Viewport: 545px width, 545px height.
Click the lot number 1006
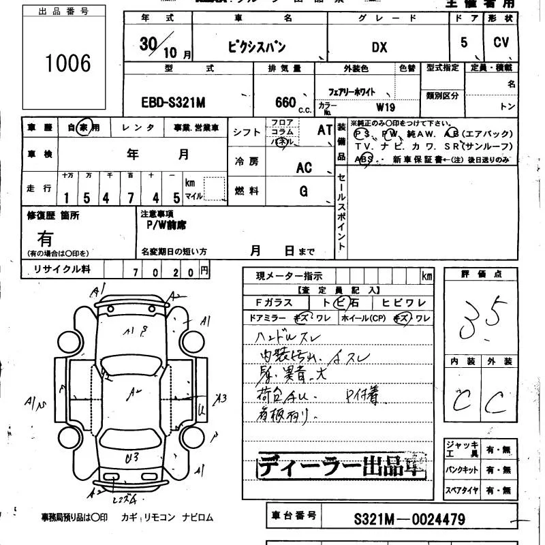coord(68,63)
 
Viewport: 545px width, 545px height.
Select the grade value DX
coord(379,47)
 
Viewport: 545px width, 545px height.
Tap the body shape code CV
coord(501,42)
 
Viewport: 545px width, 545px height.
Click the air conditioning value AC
coord(304,168)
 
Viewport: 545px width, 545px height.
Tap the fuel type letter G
coord(304,191)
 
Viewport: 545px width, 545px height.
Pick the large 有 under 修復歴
coord(45,238)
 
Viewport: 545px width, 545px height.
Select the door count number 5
coord(464,42)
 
